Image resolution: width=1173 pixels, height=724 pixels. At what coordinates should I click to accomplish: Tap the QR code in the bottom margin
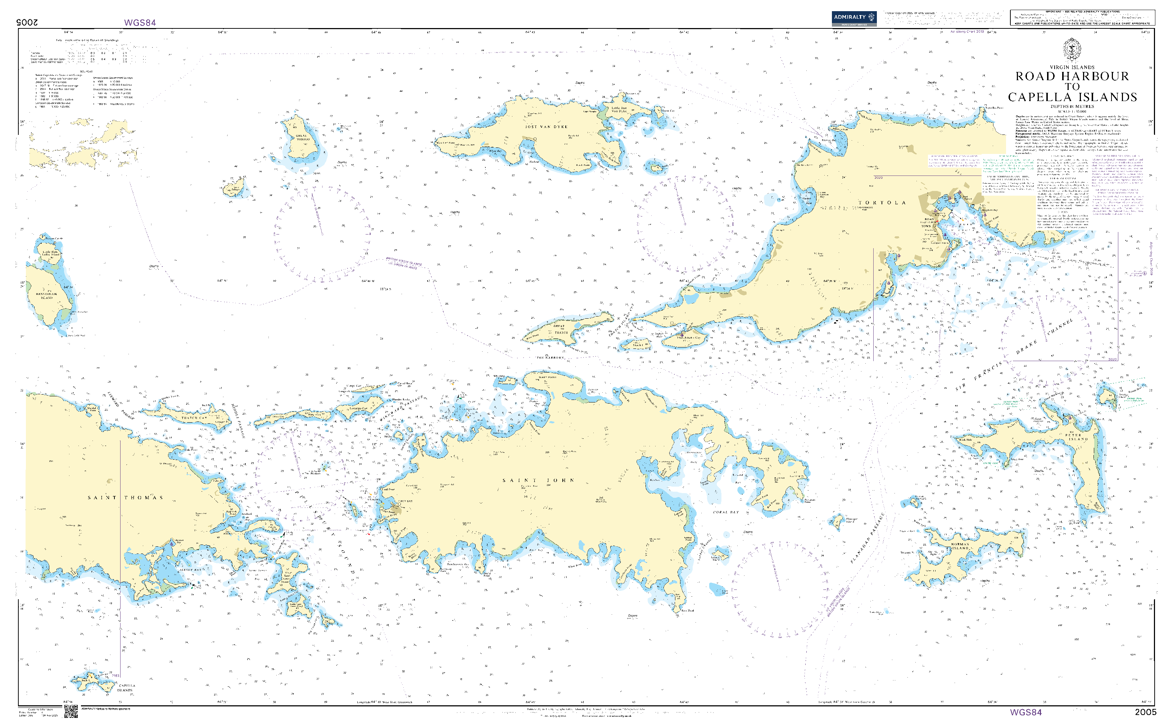(71, 711)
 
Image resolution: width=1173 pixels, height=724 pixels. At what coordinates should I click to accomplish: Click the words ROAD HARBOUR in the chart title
(1072, 77)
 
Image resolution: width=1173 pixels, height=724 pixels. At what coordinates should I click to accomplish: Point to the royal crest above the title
(1072, 49)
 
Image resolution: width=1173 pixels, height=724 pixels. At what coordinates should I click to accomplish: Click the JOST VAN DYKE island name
(546, 127)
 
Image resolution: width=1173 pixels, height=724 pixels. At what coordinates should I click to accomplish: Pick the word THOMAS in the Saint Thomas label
(144, 498)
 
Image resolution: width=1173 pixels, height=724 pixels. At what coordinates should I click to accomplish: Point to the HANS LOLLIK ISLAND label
(46, 296)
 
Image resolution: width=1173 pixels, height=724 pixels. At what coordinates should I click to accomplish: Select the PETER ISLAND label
(1076, 437)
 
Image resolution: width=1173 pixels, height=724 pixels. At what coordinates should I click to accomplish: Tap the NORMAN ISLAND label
(960, 546)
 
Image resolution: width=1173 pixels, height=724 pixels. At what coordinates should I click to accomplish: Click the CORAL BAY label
(726, 513)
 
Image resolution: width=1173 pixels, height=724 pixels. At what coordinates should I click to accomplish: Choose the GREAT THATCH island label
(560, 329)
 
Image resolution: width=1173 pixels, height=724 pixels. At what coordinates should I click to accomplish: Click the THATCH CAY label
(194, 418)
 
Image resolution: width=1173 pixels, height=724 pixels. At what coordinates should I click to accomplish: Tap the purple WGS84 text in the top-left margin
(140, 23)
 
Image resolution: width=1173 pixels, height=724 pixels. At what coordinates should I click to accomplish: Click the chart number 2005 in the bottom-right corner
(1145, 712)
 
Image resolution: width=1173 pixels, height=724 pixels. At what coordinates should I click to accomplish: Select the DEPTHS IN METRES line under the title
(1072, 106)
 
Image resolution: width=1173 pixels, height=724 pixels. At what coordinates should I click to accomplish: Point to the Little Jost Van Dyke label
(619, 110)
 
